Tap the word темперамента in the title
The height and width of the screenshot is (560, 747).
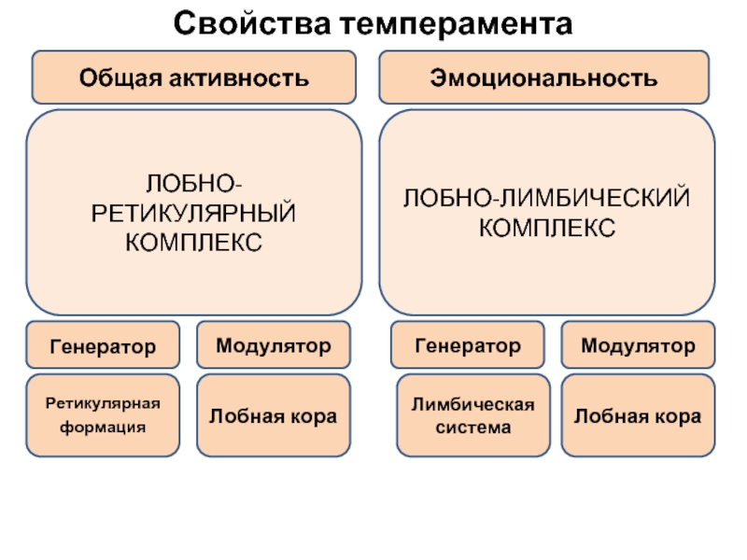[456, 21]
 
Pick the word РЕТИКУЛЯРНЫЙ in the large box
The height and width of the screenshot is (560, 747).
[193, 215]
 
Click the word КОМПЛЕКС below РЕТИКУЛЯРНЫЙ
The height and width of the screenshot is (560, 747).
[193, 243]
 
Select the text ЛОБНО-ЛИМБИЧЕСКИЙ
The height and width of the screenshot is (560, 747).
[546, 199]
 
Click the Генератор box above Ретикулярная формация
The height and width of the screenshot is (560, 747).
[103, 346]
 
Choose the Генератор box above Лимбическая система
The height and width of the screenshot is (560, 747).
[468, 346]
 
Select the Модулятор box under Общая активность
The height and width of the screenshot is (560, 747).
[274, 346]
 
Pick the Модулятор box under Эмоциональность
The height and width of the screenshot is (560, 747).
[638, 346]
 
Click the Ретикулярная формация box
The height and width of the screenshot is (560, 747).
[103, 415]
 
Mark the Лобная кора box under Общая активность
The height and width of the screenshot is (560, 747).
[274, 416]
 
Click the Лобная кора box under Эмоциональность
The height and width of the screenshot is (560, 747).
[638, 416]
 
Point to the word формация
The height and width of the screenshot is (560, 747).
[104, 427]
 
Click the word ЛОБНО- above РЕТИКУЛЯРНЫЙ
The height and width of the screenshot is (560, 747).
[193, 186]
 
